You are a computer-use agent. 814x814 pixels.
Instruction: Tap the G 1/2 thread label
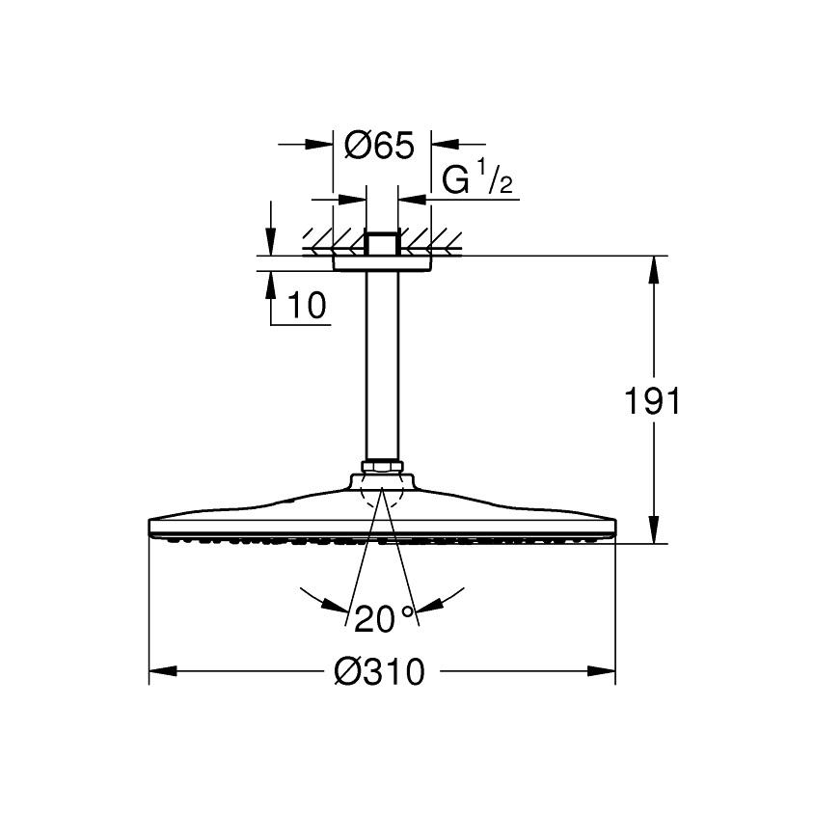tap(477, 178)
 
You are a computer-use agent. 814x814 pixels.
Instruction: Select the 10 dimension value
tap(307, 305)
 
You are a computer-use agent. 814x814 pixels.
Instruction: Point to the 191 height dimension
tap(652, 400)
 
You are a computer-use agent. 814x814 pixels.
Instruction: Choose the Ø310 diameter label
tap(379, 671)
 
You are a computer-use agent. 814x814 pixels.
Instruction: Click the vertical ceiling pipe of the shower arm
tap(382, 366)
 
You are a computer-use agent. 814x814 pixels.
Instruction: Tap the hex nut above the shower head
tap(382, 466)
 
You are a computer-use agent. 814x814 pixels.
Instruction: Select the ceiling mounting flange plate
tap(382, 263)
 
